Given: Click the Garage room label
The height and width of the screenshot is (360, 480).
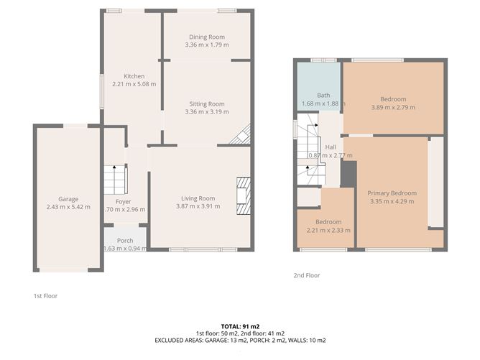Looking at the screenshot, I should click(x=68, y=199).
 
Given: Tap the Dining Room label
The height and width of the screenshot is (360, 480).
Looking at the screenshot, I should click(x=207, y=37).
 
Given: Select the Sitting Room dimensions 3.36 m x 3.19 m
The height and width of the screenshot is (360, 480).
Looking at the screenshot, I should click(x=207, y=112).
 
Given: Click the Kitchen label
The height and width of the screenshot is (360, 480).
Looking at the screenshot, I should click(x=134, y=76).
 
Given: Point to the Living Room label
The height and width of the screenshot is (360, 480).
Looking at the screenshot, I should click(x=198, y=198).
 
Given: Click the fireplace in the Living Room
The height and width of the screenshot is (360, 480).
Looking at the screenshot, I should click(x=244, y=196).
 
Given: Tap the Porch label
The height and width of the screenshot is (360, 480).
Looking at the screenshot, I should click(x=125, y=240).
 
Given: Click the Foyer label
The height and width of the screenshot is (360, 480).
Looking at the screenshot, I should click(x=113, y=201).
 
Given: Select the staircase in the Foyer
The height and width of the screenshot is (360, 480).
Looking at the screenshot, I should click(x=115, y=178).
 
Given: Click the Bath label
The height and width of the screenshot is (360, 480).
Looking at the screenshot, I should click(x=323, y=95).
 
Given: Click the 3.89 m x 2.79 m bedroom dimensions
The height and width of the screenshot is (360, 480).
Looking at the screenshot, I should click(x=393, y=108).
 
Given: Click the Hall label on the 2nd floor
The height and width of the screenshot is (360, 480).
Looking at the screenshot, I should click(x=331, y=147).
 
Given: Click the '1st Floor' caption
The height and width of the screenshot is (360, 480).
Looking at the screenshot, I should click(x=45, y=295).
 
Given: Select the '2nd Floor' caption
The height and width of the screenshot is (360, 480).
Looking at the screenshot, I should click(x=307, y=275).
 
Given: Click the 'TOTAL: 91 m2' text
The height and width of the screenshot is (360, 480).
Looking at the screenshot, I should click(x=240, y=327).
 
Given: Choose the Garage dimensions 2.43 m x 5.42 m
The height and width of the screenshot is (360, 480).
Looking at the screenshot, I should click(x=68, y=207).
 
